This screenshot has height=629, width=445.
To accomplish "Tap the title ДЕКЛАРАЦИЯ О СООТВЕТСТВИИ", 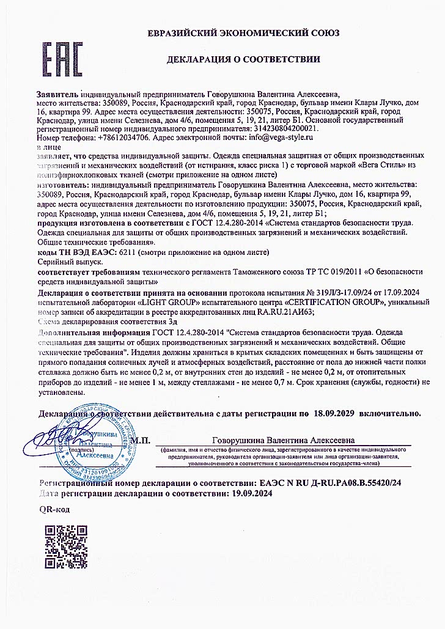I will coord(244,59).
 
